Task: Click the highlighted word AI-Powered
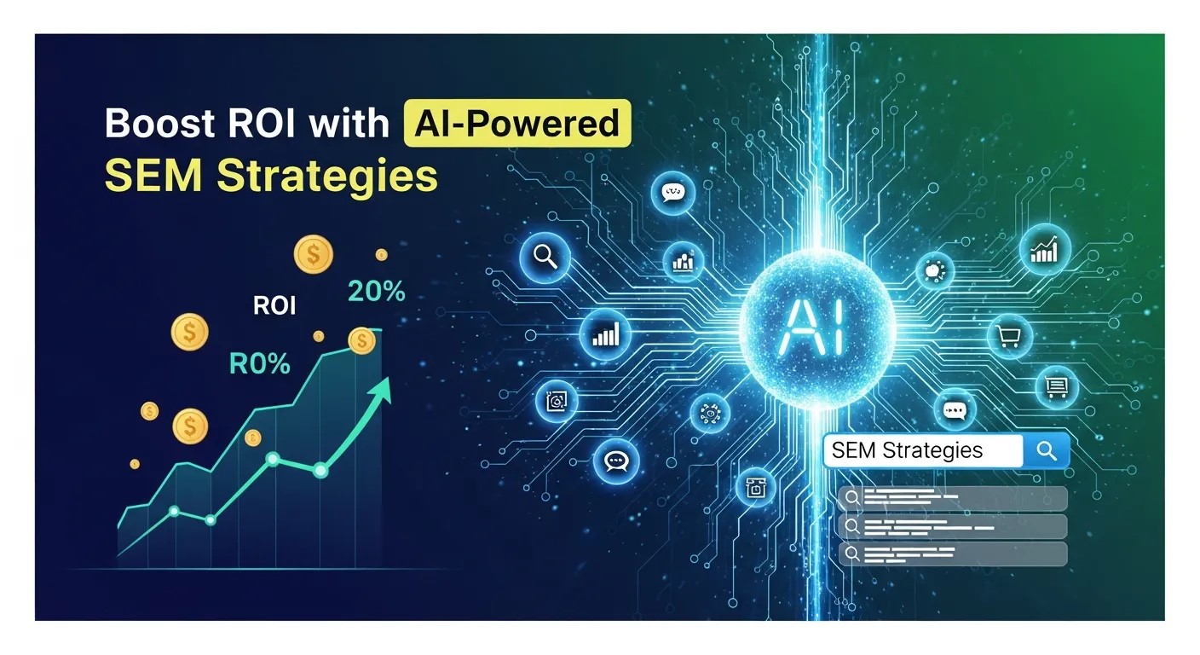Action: click(x=516, y=124)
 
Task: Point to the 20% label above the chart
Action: click(x=377, y=292)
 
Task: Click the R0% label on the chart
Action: click(x=259, y=364)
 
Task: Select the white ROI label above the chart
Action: click(x=274, y=305)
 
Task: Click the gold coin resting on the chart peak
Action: click(x=362, y=341)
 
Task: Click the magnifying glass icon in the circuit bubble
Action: click(x=543, y=255)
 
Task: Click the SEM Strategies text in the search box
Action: click(x=907, y=451)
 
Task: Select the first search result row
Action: click(x=952, y=499)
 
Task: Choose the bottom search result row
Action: click(x=952, y=554)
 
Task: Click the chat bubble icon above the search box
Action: click(x=953, y=410)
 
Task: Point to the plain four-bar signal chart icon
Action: click(x=605, y=334)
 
